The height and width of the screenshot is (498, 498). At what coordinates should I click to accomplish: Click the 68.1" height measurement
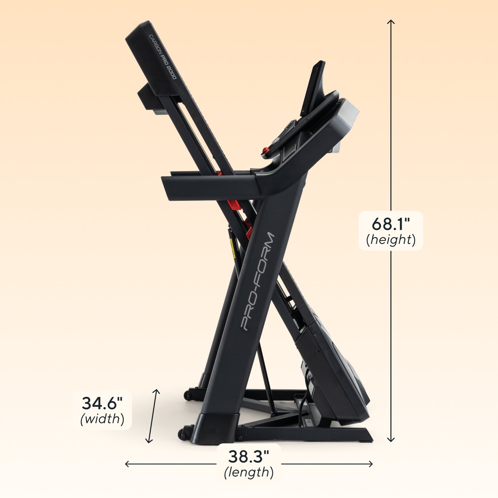tap(391, 224)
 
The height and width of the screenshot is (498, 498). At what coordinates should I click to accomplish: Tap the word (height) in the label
tap(391, 239)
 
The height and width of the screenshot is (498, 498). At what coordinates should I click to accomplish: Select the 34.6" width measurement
tap(102, 403)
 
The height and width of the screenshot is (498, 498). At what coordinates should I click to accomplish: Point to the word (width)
tap(102, 419)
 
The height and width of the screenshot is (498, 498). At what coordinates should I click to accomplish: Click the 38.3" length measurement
tap(248, 456)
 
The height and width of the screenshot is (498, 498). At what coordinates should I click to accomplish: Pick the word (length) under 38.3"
tap(249, 472)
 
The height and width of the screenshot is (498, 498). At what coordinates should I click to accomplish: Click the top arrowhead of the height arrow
tap(391, 21)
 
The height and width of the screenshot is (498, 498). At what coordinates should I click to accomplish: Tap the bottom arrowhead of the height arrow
tap(391, 441)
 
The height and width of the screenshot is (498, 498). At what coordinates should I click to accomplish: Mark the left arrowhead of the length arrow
tap(126, 464)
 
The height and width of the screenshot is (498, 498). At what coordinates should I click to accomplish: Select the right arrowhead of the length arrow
tap(371, 464)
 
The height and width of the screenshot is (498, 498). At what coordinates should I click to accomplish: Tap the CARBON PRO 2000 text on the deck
tap(163, 57)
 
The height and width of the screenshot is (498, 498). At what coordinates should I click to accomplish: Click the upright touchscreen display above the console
tap(314, 88)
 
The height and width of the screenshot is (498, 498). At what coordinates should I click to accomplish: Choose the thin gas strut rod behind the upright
tap(266, 378)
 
